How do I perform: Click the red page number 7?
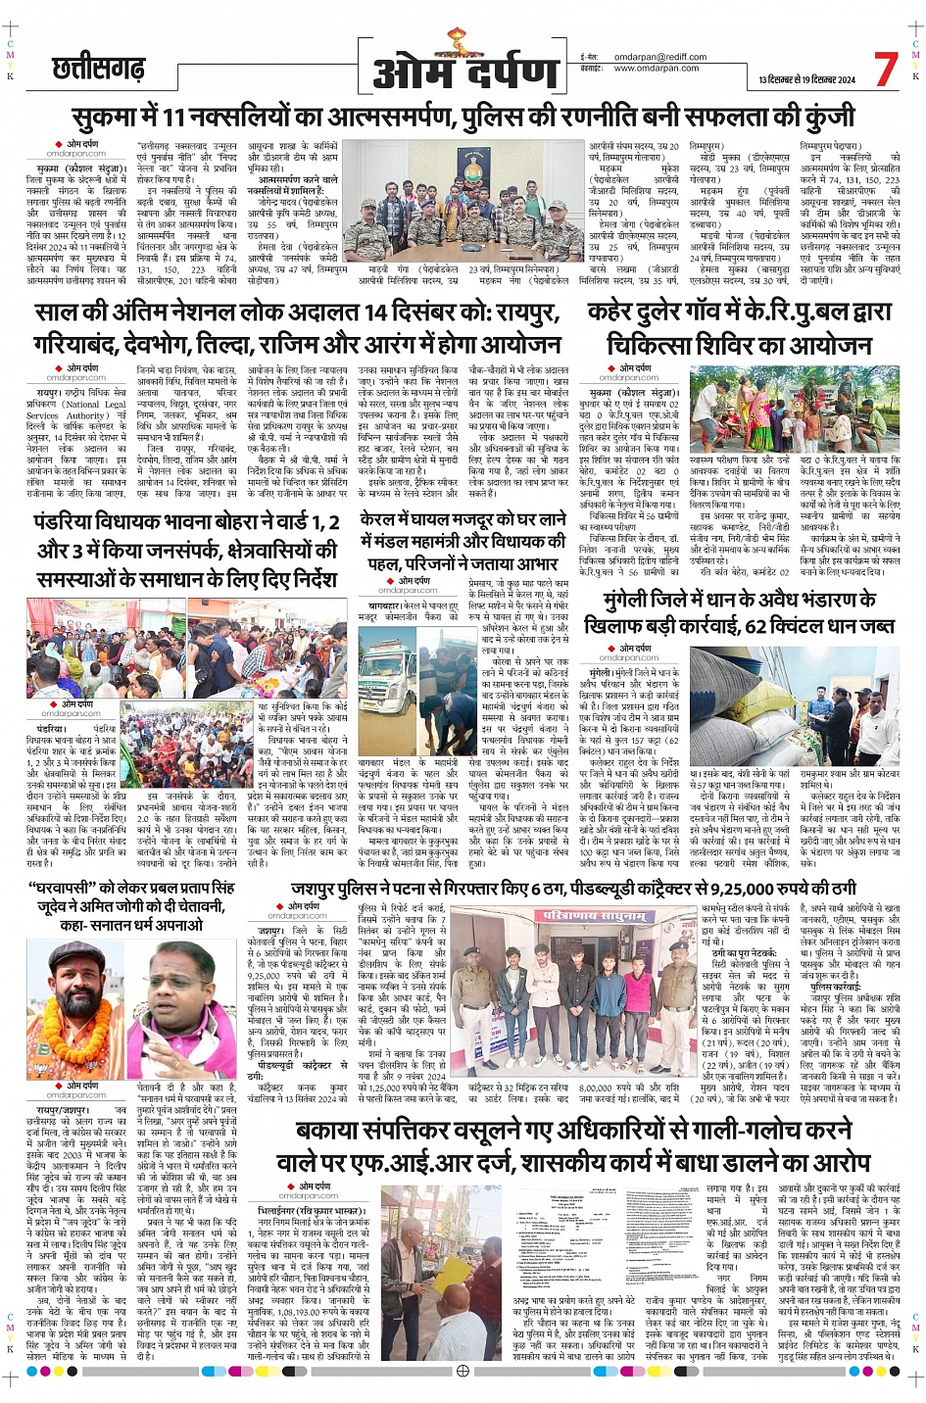click(x=885, y=70)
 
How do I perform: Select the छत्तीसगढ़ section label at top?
click(x=99, y=69)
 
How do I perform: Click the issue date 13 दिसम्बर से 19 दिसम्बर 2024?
click(x=805, y=80)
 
